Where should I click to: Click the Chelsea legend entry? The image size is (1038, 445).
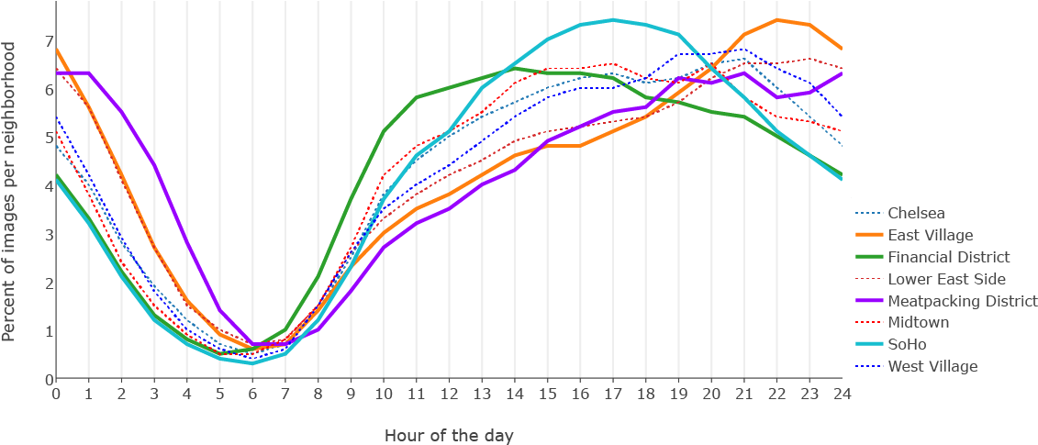tap(916, 213)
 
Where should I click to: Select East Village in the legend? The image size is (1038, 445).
tap(930, 235)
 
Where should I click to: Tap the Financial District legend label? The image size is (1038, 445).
tap(948, 257)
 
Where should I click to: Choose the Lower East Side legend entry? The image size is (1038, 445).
tap(946, 279)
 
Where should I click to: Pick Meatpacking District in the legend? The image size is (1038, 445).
tap(962, 301)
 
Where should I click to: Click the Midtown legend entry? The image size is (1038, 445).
tap(918, 322)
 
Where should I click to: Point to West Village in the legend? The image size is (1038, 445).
tap(932, 366)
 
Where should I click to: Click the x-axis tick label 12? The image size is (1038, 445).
tap(449, 394)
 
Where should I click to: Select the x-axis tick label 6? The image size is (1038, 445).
tap(252, 394)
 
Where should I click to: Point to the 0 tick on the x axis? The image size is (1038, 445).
tap(56, 394)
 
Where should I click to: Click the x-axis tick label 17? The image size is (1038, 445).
tap(612, 394)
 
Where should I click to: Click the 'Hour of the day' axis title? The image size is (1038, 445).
tap(449, 434)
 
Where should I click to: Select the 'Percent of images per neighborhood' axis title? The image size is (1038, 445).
tap(10, 184)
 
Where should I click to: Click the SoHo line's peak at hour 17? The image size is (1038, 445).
tap(612, 20)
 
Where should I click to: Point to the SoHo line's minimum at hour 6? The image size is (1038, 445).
tap(252, 362)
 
